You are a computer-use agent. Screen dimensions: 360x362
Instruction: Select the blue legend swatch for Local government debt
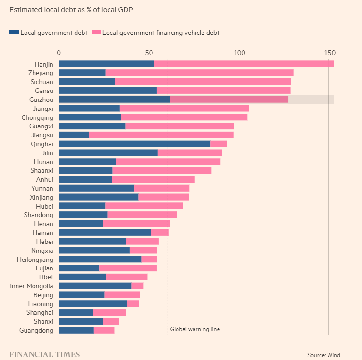pyautogui.click(x=14, y=33)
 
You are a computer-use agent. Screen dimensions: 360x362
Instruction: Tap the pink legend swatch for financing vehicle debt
pyautogui.click(x=96, y=33)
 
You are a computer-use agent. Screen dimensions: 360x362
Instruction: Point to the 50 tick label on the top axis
pyautogui.click(x=149, y=53)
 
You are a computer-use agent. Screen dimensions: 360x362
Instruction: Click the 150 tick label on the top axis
pyautogui.click(x=329, y=53)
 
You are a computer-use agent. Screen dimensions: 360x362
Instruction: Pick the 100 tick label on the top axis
pyautogui.click(x=239, y=53)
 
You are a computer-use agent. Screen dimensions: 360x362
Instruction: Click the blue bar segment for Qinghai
pyautogui.click(x=135, y=144)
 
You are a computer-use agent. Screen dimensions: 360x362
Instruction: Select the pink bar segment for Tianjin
pyautogui.click(x=244, y=64)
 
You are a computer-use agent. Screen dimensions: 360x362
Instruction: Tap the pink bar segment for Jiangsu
pyautogui.click(x=161, y=135)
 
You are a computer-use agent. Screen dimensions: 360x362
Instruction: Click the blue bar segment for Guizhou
pyautogui.click(x=114, y=99)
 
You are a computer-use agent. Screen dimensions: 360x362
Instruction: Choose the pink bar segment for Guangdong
pyautogui.click(x=104, y=330)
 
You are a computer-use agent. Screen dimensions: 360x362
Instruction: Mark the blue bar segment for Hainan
pyautogui.click(x=104, y=233)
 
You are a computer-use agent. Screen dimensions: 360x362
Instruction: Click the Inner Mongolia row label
pyautogui.click(x=32, y=286)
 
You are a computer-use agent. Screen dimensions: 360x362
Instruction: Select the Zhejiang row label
pyautogui.click(x=41, y=73)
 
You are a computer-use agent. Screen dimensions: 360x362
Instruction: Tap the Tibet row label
pyautogui.click(x=45, y=277)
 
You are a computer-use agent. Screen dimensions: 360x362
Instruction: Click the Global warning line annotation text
pyautogui.click(x=195, y=329)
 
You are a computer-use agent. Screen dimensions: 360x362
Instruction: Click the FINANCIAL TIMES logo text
pyautogui.click(x=44, y=354)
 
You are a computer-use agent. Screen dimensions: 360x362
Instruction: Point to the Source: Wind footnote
pyautogui.click(x=323, y=355)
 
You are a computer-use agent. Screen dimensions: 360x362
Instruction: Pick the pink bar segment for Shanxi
pyautogui.click(x=111, y=321)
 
